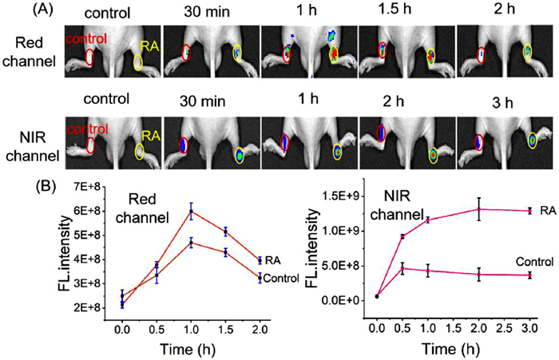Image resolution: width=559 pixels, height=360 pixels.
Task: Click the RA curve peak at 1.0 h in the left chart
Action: [x=191, y=211]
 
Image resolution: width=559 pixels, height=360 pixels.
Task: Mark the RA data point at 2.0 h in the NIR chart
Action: [x=478, y=209]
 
